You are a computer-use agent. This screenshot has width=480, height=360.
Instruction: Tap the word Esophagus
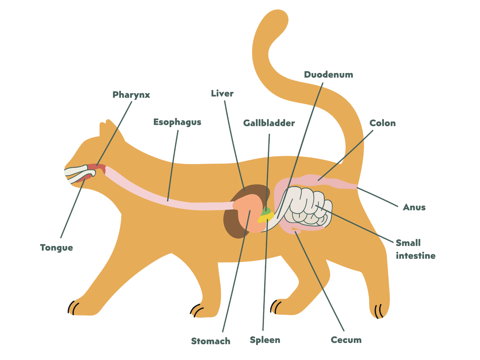(x=177, y=122)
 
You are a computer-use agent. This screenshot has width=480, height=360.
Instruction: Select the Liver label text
(x=222, y=94)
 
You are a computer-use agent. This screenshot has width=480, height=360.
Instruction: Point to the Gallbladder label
(x=269, y=123)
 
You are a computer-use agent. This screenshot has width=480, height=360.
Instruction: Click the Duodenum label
(x=328, y=74)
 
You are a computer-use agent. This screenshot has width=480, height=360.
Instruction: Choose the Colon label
(x=382, y=123)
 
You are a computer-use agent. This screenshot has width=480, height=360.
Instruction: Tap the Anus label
(x=414, y=207)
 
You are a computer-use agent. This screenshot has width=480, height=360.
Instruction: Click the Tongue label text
(x=56, y=248)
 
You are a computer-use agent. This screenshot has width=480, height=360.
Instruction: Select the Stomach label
(x=211, y=341)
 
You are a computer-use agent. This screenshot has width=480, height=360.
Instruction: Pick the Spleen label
(x=265, y=340)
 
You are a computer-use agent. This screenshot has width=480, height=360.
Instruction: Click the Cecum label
(x=346, y=340)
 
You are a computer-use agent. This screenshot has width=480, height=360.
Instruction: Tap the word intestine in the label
(x=415, y=256)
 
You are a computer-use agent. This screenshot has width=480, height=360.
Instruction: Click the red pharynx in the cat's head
(x=97, y=168)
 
